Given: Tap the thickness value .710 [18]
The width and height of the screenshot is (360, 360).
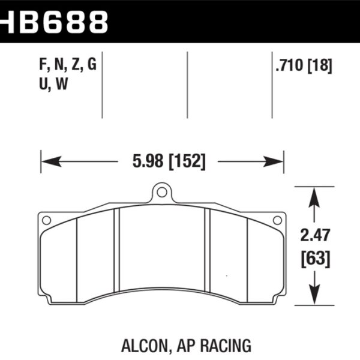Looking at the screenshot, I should click(303, 67).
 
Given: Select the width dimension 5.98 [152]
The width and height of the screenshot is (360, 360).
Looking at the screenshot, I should click(168, 161).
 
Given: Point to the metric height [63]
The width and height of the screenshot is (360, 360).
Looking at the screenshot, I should click(314, 259).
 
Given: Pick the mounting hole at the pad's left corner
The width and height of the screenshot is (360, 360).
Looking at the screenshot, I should click(47, 220).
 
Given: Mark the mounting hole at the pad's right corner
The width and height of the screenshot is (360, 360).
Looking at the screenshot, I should click(277, 220).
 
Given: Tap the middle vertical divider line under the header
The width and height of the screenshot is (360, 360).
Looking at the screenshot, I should click(188, 84).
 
